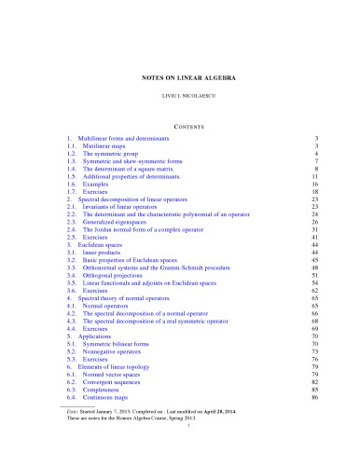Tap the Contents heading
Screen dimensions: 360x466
coord(180,122)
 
